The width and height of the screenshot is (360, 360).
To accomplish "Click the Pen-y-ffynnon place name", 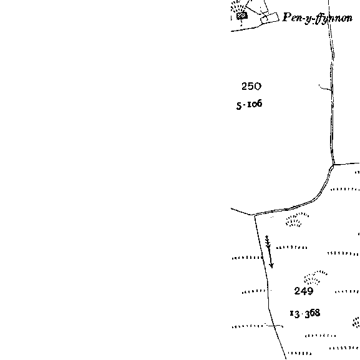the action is click(x=318, y=18).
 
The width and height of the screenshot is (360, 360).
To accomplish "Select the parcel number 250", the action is click(x=251, y=86).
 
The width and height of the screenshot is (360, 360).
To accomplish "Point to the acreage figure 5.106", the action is click(x=249, y=104).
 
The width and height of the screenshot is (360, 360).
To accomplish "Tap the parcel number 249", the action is click(x=304, y=291).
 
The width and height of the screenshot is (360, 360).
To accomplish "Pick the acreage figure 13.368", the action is click(x=305, y=314).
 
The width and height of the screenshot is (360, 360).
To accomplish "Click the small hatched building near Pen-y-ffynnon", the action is click(x=242, y=16).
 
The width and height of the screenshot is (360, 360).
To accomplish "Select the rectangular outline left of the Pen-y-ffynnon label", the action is click(x=270, y=18).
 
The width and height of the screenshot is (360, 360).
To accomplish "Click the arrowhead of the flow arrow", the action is click(x=271, y=266).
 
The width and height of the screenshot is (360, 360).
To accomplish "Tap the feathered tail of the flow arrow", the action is click(x=267, y=241).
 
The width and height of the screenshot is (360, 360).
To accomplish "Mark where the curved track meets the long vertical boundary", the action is click(x=333, y=165).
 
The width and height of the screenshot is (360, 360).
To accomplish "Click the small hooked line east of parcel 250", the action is click(x=324, y=87).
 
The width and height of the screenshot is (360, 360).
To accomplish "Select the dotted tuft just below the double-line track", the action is click(x=296, y=220).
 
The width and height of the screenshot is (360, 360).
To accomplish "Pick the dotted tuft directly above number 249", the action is click(x=314, y=278).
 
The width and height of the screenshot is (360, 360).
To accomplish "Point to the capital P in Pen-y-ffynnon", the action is click(x=287, y=17).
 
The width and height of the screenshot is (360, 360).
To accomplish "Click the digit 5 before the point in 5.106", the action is click(x=239, y=106).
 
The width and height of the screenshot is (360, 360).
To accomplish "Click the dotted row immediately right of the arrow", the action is click(x=291, y=248).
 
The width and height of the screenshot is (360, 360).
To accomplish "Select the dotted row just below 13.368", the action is click(x=321, y=336).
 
